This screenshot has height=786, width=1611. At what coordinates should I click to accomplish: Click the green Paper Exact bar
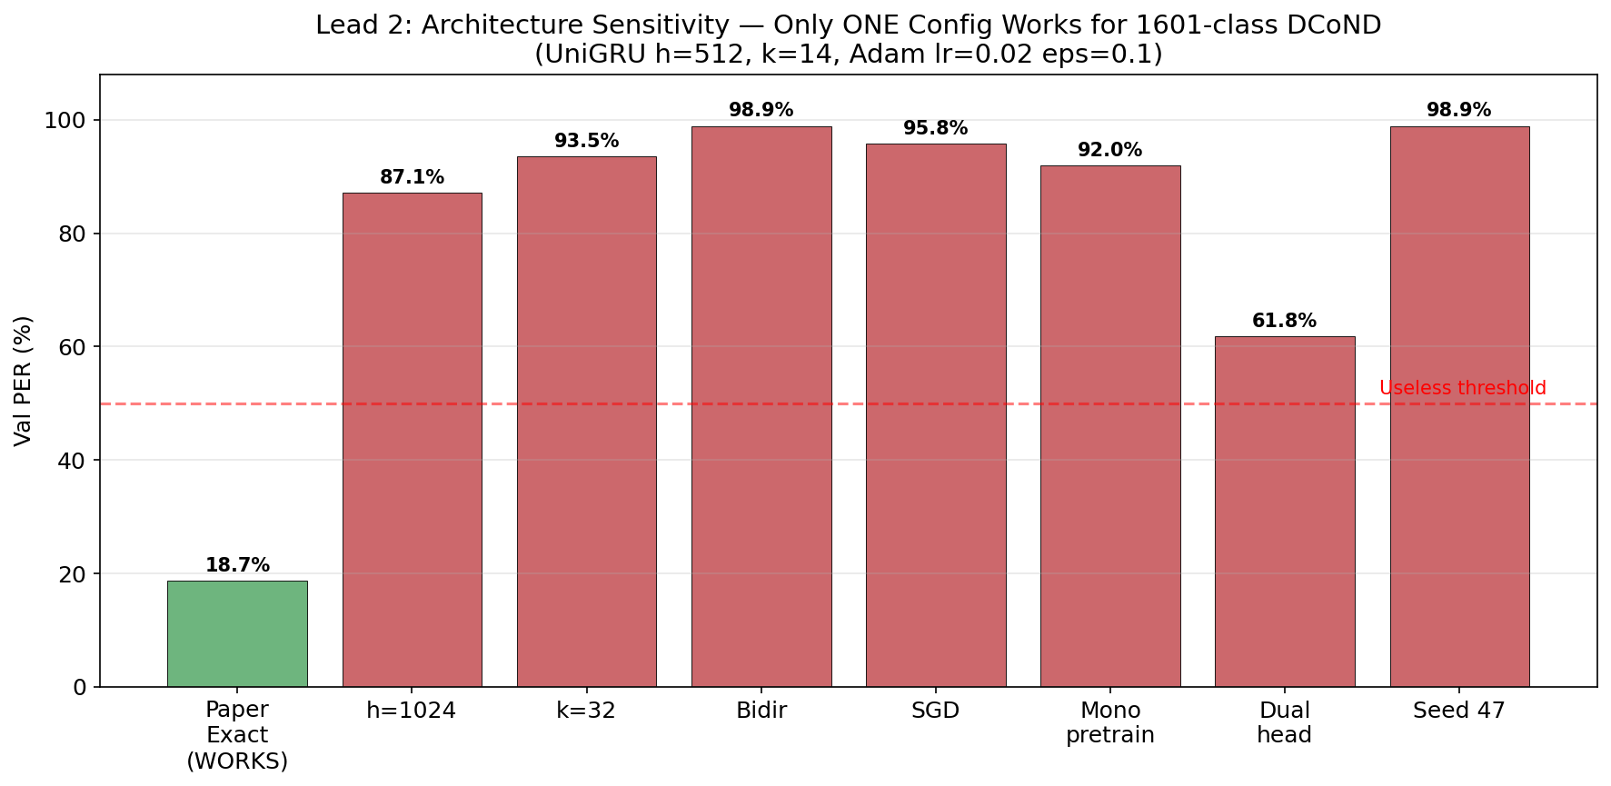[237, 633]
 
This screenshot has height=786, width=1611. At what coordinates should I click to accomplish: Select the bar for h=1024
[412, 440]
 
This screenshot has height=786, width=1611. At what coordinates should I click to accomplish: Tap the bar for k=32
[586, 422]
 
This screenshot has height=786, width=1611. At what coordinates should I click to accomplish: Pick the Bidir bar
[761, 406]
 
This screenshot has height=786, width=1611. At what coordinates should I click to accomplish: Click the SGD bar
[936, 415]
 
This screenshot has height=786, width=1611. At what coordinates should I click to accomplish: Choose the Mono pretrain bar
[1110, 426]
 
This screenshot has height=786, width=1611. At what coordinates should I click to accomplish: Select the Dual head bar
[1285, 512]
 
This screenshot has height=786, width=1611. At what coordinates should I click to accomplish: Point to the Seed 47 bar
[1459, 406]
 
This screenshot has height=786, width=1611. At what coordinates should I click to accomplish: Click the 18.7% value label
[237, 565]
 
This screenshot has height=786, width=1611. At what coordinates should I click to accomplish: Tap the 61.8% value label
[1284, 321]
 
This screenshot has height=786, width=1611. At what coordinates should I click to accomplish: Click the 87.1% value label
[412, 177]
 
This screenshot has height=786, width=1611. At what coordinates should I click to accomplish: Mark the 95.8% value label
[935, 128]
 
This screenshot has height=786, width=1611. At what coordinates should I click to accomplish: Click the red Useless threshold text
[1462, 388]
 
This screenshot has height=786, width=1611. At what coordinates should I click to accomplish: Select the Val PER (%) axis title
[24, 381]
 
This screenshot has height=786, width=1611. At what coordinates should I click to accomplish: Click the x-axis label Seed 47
[1458, 711]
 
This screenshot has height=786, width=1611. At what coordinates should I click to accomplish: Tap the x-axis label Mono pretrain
[1109, 722]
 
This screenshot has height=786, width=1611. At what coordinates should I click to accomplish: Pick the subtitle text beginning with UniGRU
[848, 55]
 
